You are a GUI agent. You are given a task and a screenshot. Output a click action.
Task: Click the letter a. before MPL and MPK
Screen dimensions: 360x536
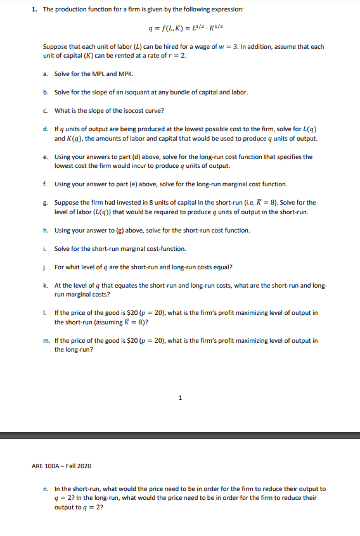pyautogui.click(x=46, y=73)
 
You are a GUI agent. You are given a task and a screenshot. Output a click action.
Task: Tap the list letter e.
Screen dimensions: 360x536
pyautogui.click(x=46, y=156)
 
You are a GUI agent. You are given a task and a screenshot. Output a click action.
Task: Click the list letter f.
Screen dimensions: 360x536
pyautogui.click(x=46, y=184)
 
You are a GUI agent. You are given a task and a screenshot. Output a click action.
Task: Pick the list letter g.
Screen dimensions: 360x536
pyautogui.click(x=46, y=203)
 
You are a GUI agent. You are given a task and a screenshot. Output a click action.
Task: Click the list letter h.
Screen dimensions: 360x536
pyautogui.click(x=46, y=231)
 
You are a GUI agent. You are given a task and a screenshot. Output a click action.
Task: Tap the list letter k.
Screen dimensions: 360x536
pyautogui.click(x=46, y=286)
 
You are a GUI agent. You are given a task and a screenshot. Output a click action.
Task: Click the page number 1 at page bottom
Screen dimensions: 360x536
pyautogui.click(x=180, y=398)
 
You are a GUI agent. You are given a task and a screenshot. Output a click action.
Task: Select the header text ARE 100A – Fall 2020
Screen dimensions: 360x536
pyautogui.click(x=61, y=466)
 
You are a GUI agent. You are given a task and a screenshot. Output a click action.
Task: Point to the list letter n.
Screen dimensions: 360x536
pyautogui.click(x=46, y=489)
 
